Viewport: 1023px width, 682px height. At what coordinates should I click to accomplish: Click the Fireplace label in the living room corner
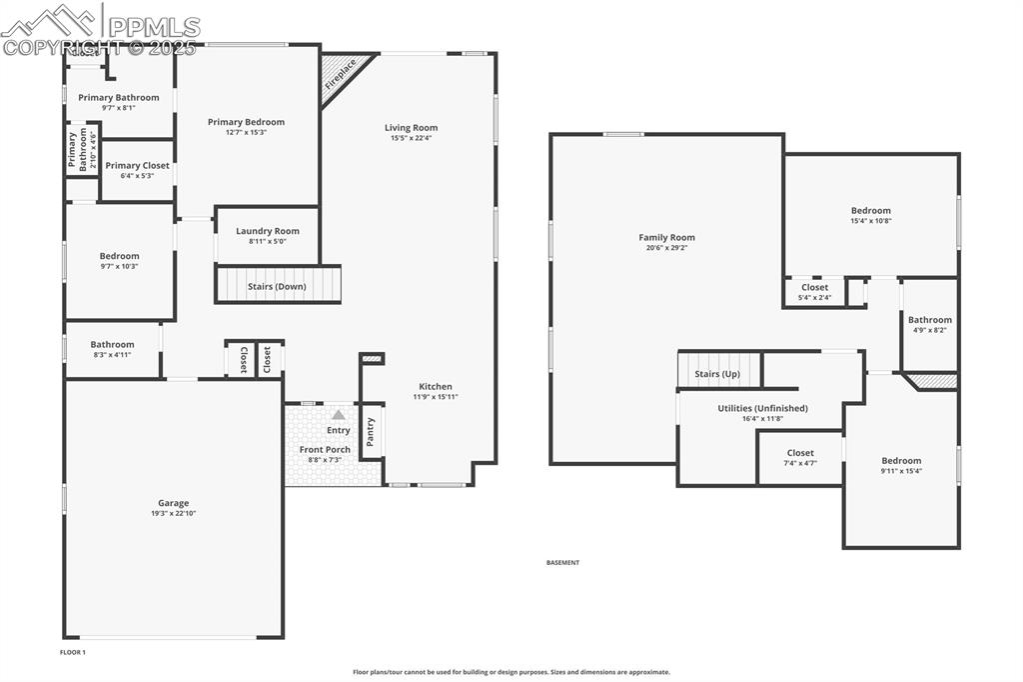coord(340,76)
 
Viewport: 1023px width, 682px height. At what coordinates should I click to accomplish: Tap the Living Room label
coord(412,128)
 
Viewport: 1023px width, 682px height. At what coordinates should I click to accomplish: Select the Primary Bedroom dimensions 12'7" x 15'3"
coord(246,133)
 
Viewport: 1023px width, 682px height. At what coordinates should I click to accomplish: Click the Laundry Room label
coord(268,231)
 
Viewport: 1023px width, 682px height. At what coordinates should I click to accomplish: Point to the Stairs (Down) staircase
coord(278,285)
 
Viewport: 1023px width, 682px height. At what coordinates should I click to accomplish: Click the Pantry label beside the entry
coord(372,432)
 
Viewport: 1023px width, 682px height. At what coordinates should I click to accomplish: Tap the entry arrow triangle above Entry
coord(339,414)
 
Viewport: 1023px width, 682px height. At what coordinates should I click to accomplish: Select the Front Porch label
coord(325,450)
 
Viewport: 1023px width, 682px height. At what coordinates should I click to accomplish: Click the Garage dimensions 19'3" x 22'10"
coord(173,514)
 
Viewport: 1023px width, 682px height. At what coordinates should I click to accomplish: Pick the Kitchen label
coord(436,387)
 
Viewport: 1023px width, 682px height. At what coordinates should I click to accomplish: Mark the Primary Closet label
coord(137,166)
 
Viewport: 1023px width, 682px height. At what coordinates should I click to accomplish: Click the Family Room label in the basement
coord(666,238)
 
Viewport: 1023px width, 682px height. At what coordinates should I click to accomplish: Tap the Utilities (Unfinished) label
coord(762,408)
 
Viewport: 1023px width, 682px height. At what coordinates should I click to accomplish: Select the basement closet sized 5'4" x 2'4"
coord(814,292)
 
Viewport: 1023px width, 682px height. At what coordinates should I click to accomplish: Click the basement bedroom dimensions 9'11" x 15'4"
coord(901,471)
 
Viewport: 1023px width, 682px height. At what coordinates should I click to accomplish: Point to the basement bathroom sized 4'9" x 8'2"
coord(930,325)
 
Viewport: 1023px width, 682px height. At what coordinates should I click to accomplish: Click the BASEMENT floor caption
coord(562,563)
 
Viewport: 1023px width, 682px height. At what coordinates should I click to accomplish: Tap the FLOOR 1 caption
coord(73,652)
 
